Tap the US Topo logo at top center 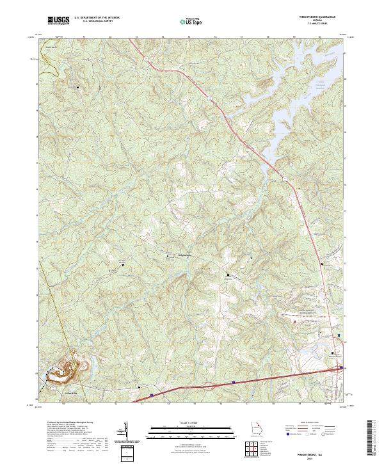click(x=191, y=21)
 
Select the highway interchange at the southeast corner click(x=341, y=367)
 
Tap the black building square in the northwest click(x=79, y=86)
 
